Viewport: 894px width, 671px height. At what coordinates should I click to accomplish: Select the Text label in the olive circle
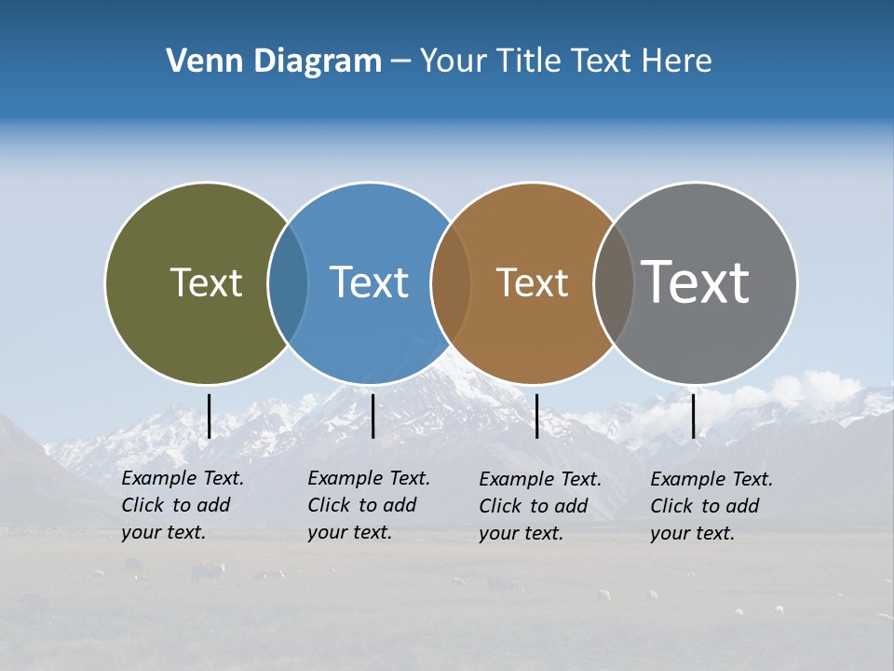point(206,282)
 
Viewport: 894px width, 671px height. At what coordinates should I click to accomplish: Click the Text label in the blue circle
point(370,282)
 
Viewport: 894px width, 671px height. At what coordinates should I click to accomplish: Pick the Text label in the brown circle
point(532,282)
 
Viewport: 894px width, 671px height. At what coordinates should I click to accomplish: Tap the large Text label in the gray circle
point(696,281)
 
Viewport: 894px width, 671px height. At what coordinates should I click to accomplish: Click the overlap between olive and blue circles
point(288,282)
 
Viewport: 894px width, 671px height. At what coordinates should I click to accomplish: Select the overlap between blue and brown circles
point(451,282)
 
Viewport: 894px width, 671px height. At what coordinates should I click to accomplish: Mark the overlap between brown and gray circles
point(613,282)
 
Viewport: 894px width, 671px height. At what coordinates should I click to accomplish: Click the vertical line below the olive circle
point(209,416)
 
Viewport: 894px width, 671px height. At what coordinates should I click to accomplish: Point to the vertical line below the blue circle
point(372,416)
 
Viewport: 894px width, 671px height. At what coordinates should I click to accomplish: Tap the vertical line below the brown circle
point(536,416)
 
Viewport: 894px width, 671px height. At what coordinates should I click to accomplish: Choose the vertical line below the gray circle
point(693,416)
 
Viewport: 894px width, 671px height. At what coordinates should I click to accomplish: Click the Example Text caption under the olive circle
point(183,505)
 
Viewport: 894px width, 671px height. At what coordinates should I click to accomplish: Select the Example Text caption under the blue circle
point(369,505)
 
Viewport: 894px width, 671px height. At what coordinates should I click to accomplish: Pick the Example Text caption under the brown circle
point(540,506)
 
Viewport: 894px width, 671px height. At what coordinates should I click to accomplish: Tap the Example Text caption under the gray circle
point(711,506)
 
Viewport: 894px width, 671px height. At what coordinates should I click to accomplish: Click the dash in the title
point(400,62)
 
